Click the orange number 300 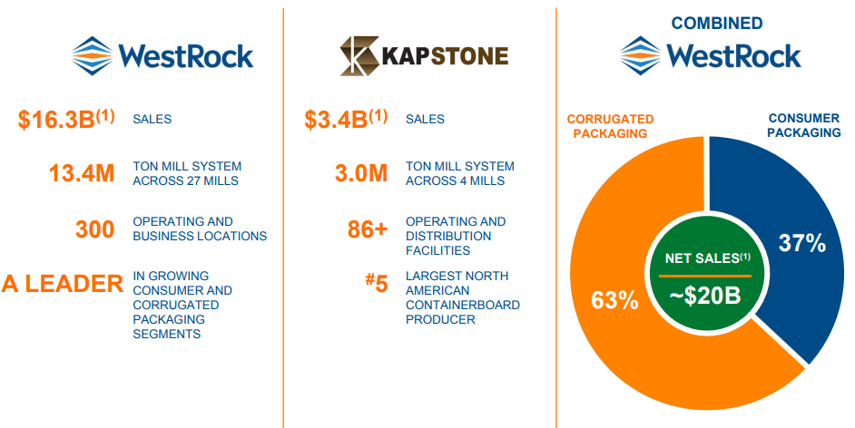(x=95, y=229)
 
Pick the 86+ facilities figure (x=368, y=229)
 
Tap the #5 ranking (x=376, y=284)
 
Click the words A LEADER (x=62, y=284)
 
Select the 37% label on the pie (x=801, y=242)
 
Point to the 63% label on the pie (x=614, y=299)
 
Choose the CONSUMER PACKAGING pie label (x=804, y=125)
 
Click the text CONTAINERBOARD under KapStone (x=462, y=305)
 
